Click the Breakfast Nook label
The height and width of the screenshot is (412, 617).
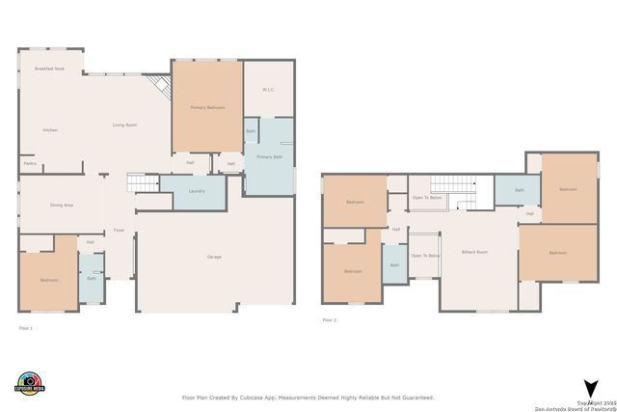click(48, 69)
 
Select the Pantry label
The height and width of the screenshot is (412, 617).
click(30, 164)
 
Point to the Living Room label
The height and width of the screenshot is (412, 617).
click(124, 124)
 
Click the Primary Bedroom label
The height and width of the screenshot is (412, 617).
click(207, 107)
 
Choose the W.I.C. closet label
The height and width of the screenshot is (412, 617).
click(269, 90)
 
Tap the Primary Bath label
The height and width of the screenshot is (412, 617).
click(269, 156)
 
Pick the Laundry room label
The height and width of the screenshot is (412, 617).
click(196, 191)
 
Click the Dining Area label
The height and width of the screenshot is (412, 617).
click(62, 205)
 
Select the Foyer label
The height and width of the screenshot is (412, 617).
click(120, 230)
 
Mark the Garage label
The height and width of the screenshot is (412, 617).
click(214, 257)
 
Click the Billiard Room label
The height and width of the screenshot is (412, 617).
click(474, 251)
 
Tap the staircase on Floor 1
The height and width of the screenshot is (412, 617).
click(143, 183)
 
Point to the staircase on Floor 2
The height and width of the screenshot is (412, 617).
click(448, 185)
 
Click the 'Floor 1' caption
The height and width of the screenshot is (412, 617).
click(26, 328)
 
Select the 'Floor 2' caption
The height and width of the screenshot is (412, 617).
click(330, 319)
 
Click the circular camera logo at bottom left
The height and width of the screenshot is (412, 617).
click(30, 383)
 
